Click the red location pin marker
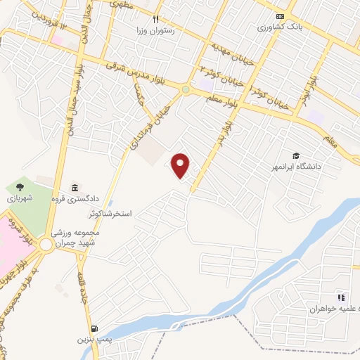pyautogui.click(x=181, y=165)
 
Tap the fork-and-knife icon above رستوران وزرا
pyautogui.click(x=157, y=20)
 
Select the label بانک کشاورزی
pyautogui.click(x=280, y=27)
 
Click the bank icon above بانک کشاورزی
pyautogui.click(x=281, y=16)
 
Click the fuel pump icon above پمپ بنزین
pyautogui.click(x=94, y=328)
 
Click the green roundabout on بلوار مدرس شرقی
pyautogui.click(x=185, y=89)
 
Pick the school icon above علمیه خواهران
pyautogui.click(x=341, y=297)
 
